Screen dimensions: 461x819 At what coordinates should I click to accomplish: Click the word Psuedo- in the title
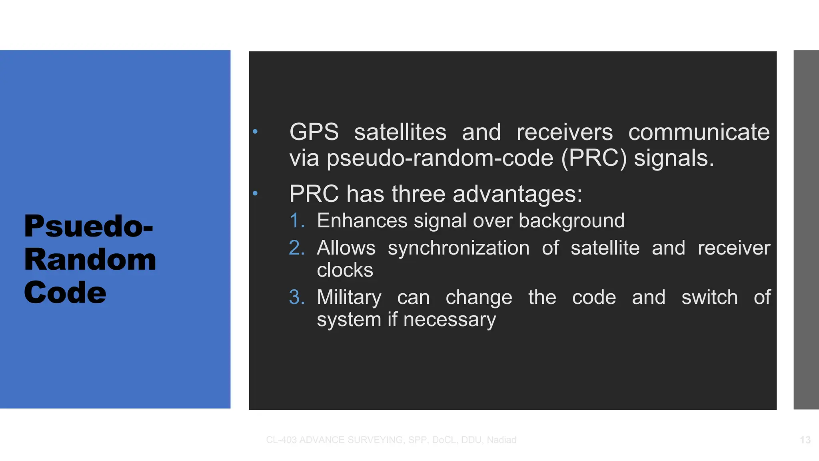(x=88, y=227)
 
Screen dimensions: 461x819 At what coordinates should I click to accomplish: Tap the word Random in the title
(x=90, y=260)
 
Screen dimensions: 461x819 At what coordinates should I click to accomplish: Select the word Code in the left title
(x=65, y=293)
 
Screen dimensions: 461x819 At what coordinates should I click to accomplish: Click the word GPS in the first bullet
(x=314, y=132)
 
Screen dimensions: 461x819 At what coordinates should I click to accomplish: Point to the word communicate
(x=699, y=132)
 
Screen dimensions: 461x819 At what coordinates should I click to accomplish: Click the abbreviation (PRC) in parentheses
(x=593, y=158)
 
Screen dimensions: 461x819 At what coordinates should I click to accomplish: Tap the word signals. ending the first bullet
(x=674, y=158)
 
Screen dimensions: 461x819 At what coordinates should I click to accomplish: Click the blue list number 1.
(x=297, y=221)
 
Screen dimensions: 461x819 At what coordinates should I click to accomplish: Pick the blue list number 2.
(x=297, y=248)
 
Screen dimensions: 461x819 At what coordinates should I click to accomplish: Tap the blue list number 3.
(x=297, y=297)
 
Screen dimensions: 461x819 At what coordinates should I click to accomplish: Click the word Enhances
(x=362, y=221)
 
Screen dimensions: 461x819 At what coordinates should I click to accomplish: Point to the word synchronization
(x=458, y=248)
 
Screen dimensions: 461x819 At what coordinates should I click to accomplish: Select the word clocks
(x=345, y=270)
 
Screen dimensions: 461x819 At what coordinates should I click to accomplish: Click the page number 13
(x=805, y=440)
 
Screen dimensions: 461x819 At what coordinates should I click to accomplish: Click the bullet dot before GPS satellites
(x=255, y=131)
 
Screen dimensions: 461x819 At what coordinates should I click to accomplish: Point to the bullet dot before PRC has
(x=255, y=194)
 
